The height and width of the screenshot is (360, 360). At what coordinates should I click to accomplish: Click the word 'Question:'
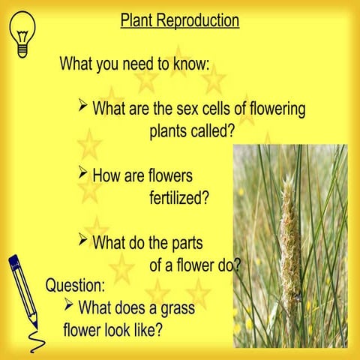(76, 286)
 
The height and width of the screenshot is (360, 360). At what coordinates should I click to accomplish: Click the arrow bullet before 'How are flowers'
(84, 174)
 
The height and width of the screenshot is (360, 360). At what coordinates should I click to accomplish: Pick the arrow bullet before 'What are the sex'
(84, 106)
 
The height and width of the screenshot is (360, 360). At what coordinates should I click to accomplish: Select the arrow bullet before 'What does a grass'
(70, 304)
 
